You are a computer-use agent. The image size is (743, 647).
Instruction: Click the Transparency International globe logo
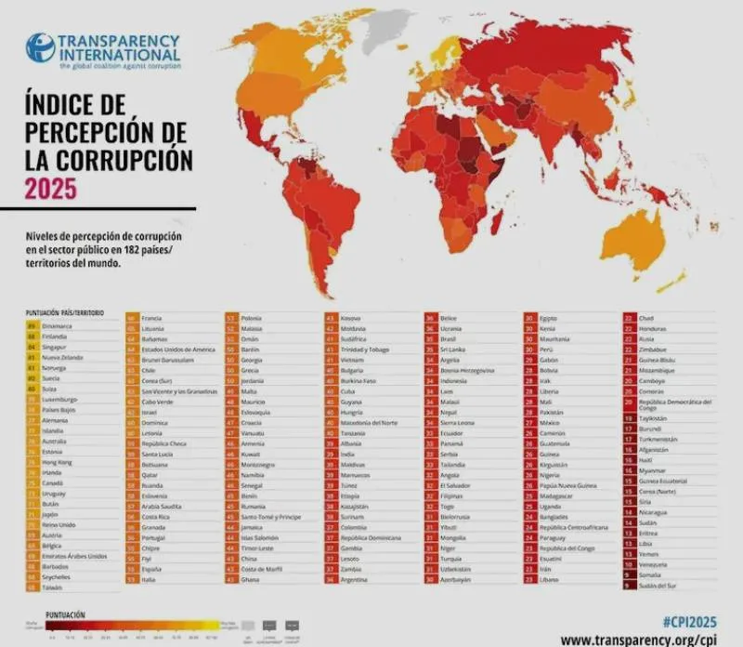(40, 47)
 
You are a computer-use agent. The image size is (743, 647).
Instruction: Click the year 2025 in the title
(51, 189)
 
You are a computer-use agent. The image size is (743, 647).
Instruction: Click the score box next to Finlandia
(32, 336)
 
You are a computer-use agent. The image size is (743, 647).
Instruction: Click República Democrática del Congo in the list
(674, 404)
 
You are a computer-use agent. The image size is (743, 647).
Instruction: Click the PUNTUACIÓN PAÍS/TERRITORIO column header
(65, 313)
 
